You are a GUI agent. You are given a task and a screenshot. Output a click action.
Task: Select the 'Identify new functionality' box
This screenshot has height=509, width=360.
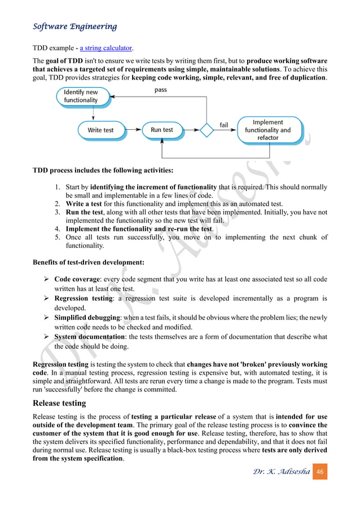point(81,96)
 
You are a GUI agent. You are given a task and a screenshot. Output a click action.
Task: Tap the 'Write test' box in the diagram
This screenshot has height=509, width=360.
point(100,130)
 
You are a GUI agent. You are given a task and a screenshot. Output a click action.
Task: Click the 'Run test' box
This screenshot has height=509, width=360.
point(161,130)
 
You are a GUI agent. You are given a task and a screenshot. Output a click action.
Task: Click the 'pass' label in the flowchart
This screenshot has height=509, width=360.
point(160,90)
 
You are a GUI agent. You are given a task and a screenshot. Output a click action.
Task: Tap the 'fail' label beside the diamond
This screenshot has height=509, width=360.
point(223,124)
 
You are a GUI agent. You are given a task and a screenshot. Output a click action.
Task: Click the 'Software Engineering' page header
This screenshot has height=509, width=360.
point(75,27)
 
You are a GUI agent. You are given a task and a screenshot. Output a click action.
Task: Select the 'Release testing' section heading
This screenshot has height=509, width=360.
point(59,403)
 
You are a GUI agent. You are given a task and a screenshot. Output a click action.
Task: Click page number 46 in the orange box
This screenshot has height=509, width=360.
point(319,471)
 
